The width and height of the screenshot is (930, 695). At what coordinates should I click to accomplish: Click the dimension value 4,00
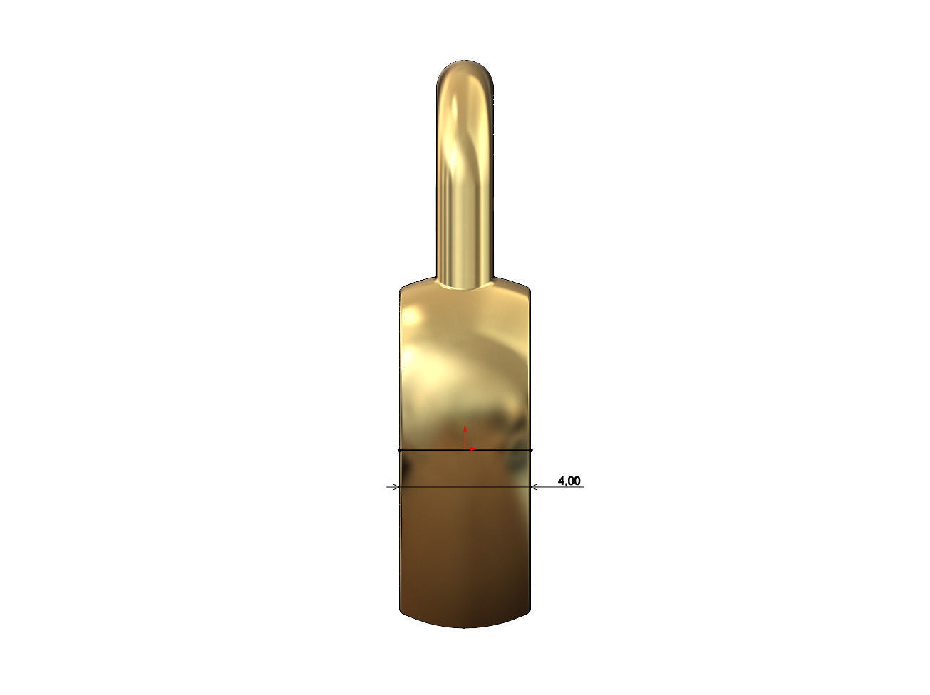click(x=569, y=481)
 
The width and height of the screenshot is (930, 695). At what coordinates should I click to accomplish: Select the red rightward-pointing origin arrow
click(x=472, y=449)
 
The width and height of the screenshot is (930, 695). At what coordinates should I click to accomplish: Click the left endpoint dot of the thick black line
click(x=400, y=451)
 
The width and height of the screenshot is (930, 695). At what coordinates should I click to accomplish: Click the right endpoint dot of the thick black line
click(x=532, y=451)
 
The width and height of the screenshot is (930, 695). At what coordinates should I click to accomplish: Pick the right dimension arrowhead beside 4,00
click(x=534, y=487)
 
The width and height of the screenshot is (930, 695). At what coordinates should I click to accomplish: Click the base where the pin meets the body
click(x=465, y=285)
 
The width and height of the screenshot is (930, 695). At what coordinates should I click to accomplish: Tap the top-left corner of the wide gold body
click(x=401, y=290)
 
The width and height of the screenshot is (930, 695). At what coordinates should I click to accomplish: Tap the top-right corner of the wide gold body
click(x=529, y=290)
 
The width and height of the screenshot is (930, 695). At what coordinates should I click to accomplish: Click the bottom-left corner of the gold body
click(x=401, y=611)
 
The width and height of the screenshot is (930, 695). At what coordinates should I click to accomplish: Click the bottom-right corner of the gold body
click(x=529, y=611)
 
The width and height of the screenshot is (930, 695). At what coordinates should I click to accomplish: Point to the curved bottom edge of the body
click(x=465, y=627)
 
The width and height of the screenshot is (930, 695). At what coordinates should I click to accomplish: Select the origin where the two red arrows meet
click(x=465, y=449)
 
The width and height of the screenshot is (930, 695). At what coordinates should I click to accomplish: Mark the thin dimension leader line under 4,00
click(x=559, y=487)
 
